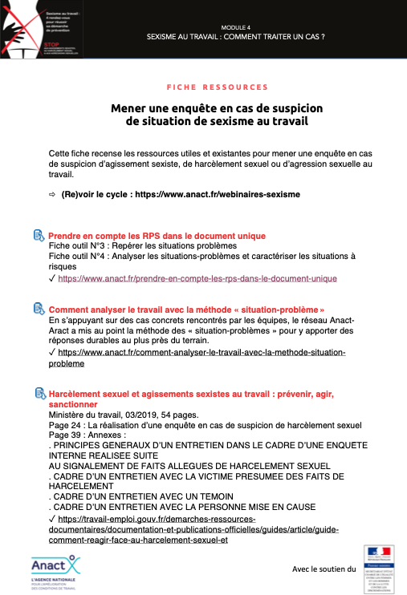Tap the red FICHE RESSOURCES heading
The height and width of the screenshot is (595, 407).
[217, 87]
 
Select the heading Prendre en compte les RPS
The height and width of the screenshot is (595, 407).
[157, 236]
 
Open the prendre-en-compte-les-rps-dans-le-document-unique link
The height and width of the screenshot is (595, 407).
[197, 278]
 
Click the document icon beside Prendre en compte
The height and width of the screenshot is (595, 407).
[38, 236]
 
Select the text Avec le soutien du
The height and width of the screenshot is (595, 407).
[323, 569]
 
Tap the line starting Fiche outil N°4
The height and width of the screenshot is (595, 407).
[201, 256]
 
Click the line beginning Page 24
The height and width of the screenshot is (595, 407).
[205, 425]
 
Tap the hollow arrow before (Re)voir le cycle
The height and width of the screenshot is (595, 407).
[52, 195]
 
